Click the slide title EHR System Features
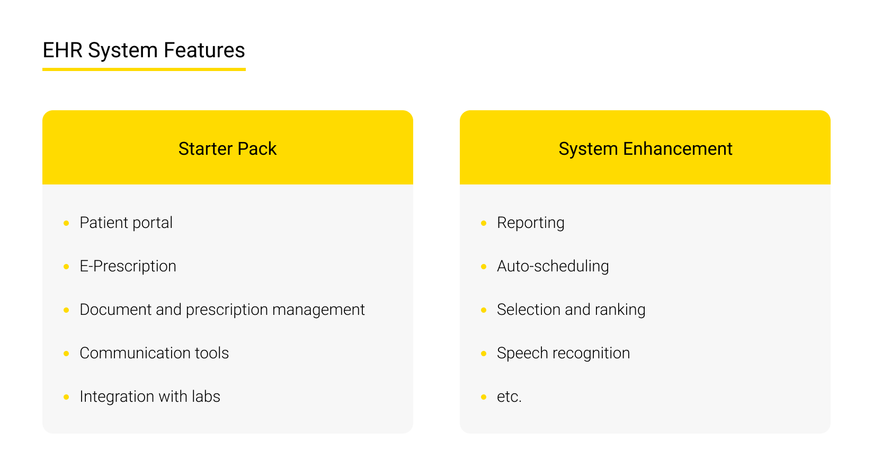click(144, 50)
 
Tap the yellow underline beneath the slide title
click(144, 69)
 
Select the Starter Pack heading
click(227, 149)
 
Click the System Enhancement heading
click(645, 149)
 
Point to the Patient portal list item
click(126, 223)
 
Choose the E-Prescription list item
click(128, 266)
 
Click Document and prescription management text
click(222, 310)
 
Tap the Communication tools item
click(154, 353)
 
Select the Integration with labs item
click(150, 396)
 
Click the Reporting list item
click(530, 223)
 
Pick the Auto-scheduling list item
click(553, 266)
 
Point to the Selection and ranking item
click(571, 310)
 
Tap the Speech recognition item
click(563, 353)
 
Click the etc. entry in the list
click(509, 396)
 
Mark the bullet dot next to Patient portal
click(66, 223)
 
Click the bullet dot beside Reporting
click(484, 223)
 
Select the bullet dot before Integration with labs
click(66, 397)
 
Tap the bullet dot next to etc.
click(484, 397)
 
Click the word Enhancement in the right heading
click(678, 149)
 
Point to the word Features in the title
click(204, 50)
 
